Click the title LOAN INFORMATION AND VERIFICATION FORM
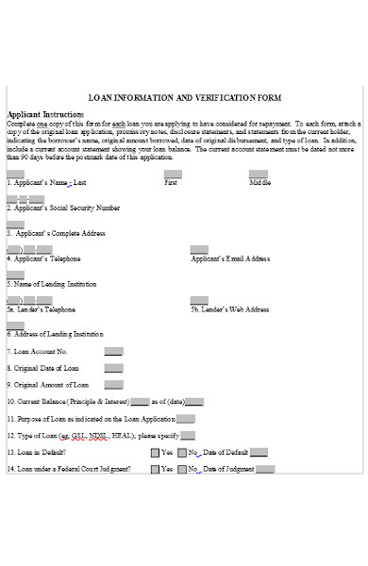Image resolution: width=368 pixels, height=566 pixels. click(x=184, y=97)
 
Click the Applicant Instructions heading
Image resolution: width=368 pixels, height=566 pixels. click(x=46, y=113)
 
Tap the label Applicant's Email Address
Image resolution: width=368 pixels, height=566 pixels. click(x=230, y=258)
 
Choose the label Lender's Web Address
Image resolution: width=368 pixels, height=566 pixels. click(x=230, y=309)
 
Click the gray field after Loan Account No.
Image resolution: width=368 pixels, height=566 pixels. click(x=113, y=351)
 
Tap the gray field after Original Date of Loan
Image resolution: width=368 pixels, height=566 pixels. click(x=113, y=368)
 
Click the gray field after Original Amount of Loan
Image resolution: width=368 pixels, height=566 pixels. click(x=113, y=385)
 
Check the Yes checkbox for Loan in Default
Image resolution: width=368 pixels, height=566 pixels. click(x=155, y=452)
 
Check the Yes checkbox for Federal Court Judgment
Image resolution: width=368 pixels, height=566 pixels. click(x=155, y=469)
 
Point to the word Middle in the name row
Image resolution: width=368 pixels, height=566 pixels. click(x=260, y=182)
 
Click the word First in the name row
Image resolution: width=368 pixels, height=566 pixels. click(x=171, y=182)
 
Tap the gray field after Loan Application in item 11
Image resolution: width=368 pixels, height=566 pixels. click(x=186, y=419)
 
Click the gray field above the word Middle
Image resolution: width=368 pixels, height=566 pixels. click(x=258, y=174)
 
